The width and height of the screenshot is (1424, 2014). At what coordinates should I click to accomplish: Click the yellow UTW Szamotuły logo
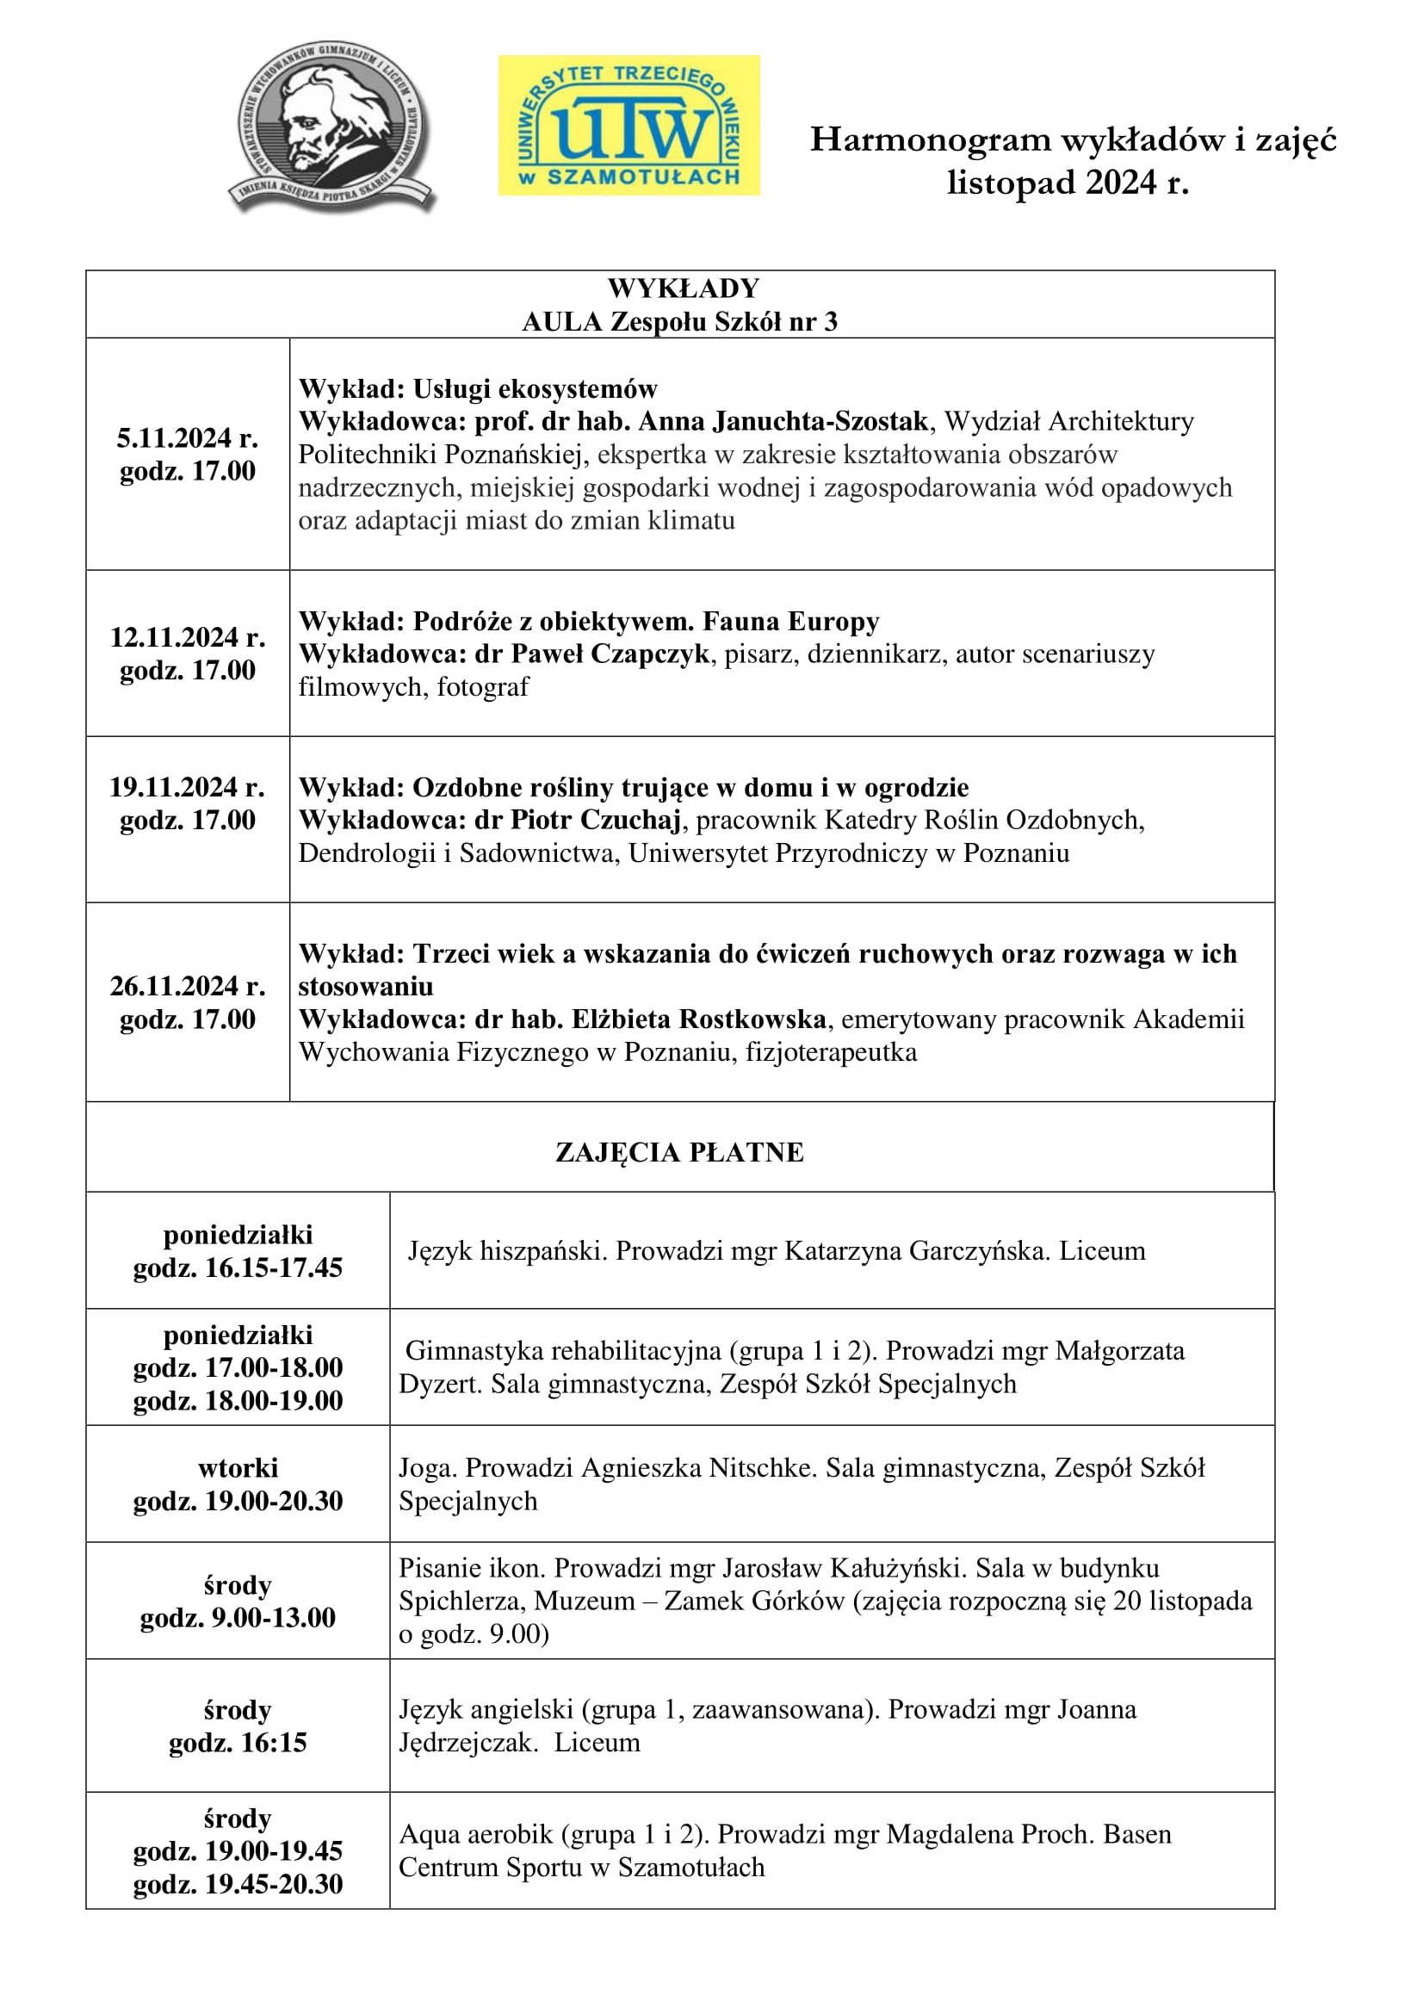coord(628,125)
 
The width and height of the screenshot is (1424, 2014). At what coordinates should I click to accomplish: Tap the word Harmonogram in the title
coord(930,139)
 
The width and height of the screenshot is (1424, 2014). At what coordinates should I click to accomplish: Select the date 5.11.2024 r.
coord(187,437)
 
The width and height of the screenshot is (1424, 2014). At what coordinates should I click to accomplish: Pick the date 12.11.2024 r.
coord(187,637)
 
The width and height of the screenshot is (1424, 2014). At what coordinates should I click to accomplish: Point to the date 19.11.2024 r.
coord(187,787)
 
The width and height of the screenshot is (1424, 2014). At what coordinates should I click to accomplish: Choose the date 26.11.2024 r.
coord(187,986)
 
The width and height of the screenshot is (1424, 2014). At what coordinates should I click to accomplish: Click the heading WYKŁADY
coord(683,288)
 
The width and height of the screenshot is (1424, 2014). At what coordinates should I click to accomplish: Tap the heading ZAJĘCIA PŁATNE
coord(679,1152)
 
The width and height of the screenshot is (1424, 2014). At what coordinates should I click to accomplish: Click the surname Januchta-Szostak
coord(820,422)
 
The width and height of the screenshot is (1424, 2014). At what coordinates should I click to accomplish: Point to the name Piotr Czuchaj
coord(596,821)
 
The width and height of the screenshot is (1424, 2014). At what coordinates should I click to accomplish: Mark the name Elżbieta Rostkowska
coord(699,1019)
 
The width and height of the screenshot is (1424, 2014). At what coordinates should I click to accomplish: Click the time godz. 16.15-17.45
coord(238,1267)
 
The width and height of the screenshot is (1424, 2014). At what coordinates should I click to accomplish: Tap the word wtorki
coord(238,1467)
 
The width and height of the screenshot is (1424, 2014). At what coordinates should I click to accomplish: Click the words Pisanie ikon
coord(472,1567)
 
